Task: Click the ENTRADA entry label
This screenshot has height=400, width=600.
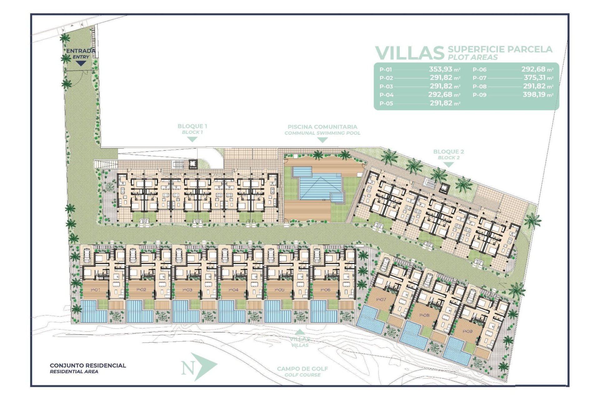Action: (80, 51)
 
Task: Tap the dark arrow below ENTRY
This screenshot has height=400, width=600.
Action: (81, 63)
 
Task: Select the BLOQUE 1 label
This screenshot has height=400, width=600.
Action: (192, 126)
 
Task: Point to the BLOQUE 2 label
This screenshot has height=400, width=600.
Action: (448, 152)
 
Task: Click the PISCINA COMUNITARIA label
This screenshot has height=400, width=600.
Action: (322, 127)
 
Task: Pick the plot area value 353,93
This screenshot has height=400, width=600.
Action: (440, 69)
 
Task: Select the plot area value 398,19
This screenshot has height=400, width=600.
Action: (534, 95)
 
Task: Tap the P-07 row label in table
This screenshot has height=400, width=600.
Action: (479, 78)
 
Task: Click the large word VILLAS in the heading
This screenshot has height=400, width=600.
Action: (409, 53)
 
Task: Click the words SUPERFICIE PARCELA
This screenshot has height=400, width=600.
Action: (500, 49)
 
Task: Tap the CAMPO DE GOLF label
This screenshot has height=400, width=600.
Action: (302, 369)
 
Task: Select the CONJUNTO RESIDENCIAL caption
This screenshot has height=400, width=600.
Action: (88, 365)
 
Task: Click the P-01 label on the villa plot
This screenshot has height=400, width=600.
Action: (95, 290)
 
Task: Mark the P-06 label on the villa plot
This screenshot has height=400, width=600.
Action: (325, 290)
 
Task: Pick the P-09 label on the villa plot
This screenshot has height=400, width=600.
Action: (467, 331)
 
